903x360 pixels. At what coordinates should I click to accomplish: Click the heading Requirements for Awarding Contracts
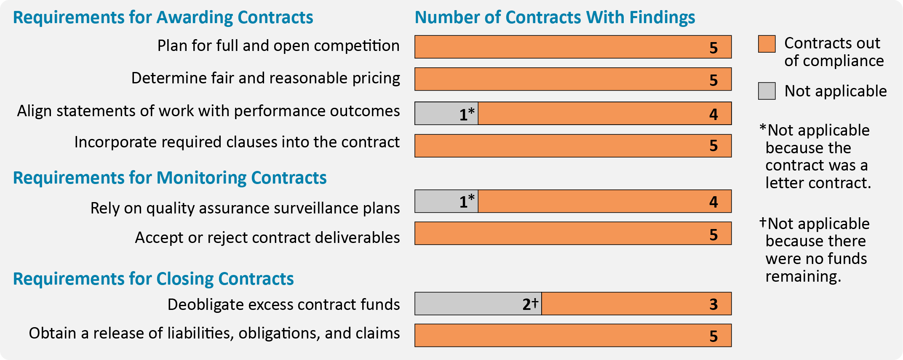point(163,18)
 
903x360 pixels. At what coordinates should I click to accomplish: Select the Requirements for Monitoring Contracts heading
point(170,178)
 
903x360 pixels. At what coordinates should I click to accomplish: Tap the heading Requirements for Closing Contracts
point(153,279)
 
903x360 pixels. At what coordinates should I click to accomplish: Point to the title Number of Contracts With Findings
point(555,18)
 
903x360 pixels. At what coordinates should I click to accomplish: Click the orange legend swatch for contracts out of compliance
point(767,44)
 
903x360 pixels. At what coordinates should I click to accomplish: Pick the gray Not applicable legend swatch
point(767,91)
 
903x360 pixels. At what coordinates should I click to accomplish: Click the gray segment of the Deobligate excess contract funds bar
point(468,304)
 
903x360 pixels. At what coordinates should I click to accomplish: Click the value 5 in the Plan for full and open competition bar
point(713,48)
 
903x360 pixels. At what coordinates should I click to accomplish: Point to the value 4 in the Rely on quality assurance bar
point(713,202)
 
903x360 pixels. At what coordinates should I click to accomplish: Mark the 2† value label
point(530,304)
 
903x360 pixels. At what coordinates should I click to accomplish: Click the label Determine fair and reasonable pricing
point(265,78)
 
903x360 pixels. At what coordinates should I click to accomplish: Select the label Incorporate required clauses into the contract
point(237,142)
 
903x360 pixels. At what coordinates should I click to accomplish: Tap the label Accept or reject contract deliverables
point(267,238)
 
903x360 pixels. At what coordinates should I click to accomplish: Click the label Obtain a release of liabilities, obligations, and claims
point(214,333)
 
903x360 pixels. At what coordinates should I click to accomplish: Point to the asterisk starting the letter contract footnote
point(763,128)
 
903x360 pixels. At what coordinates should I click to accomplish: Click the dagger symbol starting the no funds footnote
point(763,222)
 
